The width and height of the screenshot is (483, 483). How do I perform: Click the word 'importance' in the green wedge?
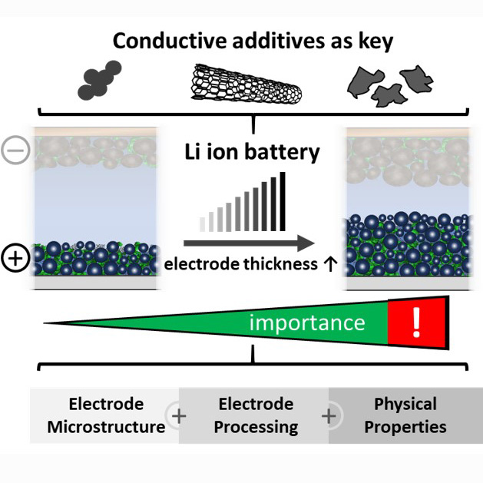(x=307, y=322)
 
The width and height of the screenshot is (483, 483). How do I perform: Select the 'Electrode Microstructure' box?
(x=106, y=415)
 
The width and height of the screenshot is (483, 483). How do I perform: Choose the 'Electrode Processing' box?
(x=255, y=415)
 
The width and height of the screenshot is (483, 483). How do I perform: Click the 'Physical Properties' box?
(x=405, y=415)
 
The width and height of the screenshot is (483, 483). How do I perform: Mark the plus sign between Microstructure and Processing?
(x=180, y=416)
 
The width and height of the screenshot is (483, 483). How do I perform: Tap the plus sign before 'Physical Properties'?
(x=329, y=416)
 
